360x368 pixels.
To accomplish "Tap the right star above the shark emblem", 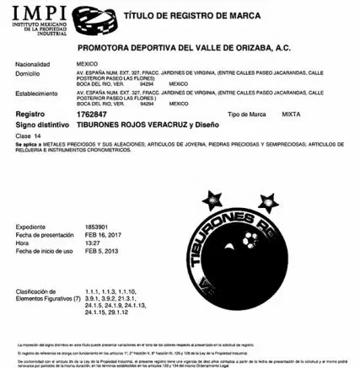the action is [x=268, y=200].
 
